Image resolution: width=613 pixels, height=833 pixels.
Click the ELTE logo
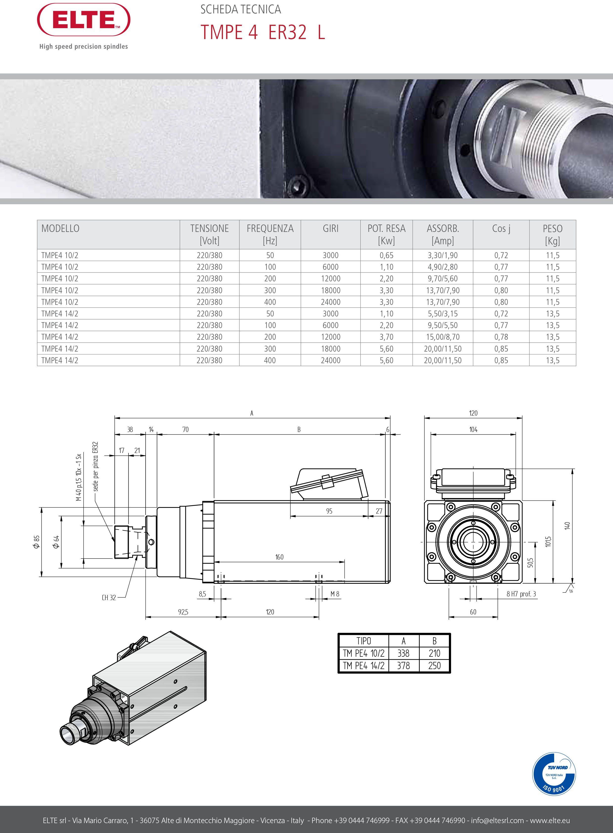tap(84, 20)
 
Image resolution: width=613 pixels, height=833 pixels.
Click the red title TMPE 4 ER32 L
tap(263, 32)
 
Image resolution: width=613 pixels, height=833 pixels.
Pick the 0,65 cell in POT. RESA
tap(386, 255)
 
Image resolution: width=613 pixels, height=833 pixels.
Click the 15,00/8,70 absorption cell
tap(443, 337)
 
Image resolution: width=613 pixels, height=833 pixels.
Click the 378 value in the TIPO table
tap(403, 666)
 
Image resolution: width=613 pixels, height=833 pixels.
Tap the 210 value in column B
tap(434, 653)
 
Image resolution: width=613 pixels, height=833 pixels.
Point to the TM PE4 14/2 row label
tap(363, 666)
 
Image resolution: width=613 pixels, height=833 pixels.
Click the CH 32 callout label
tap(109, 598)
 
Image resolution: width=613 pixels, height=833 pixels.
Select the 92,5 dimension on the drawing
tap(183, 612)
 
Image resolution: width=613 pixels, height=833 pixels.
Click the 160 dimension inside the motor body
tap(279, 557)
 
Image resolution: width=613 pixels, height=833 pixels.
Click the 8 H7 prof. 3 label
tap(521, 594)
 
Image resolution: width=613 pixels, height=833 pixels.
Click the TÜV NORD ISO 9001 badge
tap(554, 774)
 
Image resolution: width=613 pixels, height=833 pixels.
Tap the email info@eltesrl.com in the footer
tap(497, 820)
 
